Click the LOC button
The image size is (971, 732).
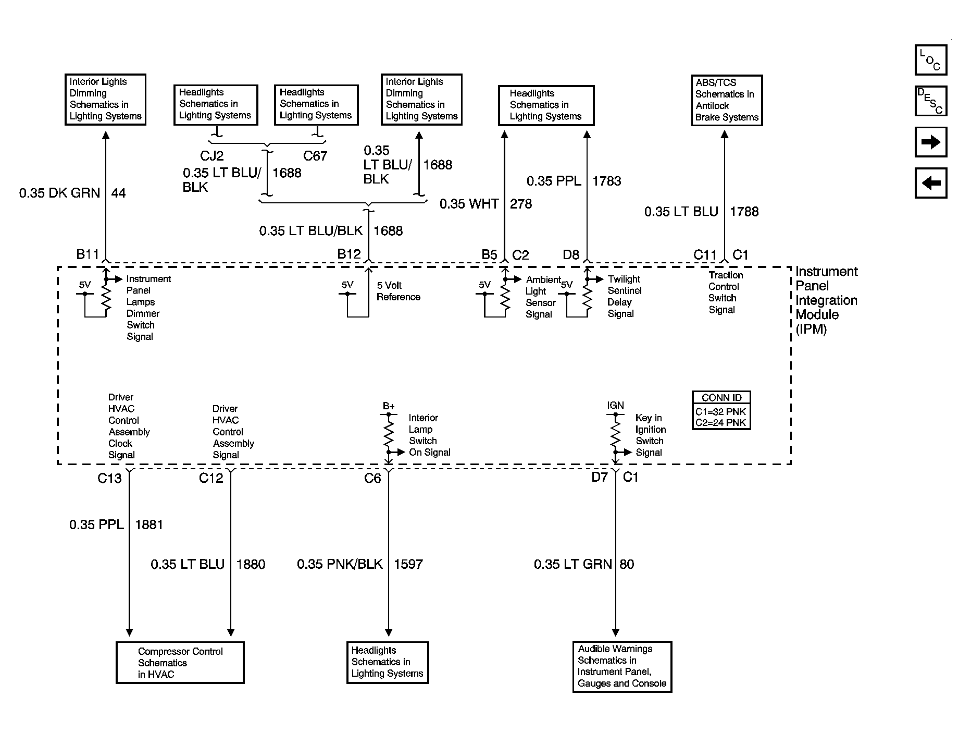pos(931,60)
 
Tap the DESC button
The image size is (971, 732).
pos(931,101)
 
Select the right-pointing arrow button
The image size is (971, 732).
pos(931,142)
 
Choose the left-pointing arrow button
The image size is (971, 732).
pos(931,183)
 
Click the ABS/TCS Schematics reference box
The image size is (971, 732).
pos(727,100)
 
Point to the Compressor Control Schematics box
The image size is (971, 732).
pos(180,663)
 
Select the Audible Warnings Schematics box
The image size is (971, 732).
pos(622,666)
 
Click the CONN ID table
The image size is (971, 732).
pos(721,410)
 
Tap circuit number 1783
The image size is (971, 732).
pos(607,181)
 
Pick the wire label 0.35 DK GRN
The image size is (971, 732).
pos(59,193)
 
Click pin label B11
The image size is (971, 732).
pos(88,254)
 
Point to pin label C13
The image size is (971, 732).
pos(109,478)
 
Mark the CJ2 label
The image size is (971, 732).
pos(212,156)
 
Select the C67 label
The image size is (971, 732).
pos(315,156)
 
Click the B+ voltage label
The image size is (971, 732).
pos(389,406)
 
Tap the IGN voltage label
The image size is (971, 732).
pos(615,405)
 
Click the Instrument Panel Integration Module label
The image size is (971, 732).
pos(826,300)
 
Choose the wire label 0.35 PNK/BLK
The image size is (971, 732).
pos(340,564)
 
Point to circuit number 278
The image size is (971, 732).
pos(521,204)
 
